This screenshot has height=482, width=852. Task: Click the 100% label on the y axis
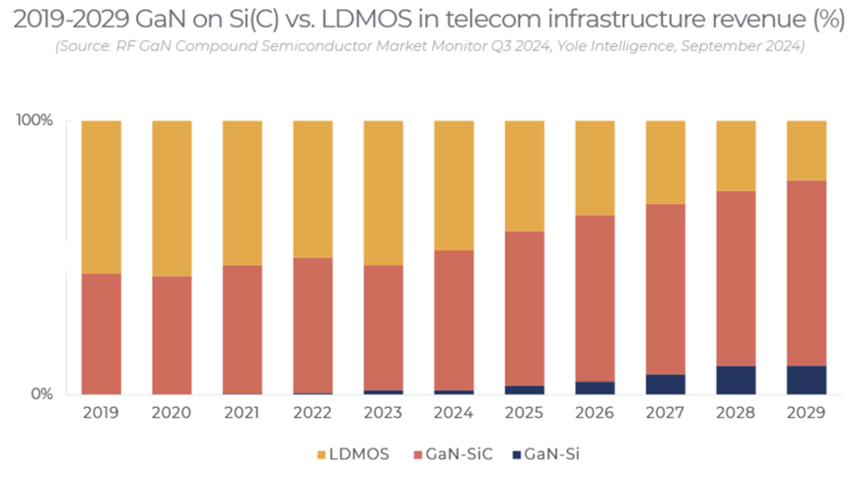point(35,120)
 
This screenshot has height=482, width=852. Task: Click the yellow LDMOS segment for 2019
point(101,197)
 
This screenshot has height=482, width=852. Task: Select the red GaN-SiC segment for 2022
point(313,325)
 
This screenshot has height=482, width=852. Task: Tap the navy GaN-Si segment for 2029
point(807,380)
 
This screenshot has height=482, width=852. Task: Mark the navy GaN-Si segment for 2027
point(666,384)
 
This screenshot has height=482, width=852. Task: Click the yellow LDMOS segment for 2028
point(736,156)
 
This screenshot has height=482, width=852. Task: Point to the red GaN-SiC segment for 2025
point(525,309)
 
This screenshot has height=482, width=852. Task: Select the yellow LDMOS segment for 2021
point(242,192)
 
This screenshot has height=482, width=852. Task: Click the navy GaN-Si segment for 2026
point(595,387)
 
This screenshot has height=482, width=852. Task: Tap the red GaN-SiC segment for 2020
point(172,335)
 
